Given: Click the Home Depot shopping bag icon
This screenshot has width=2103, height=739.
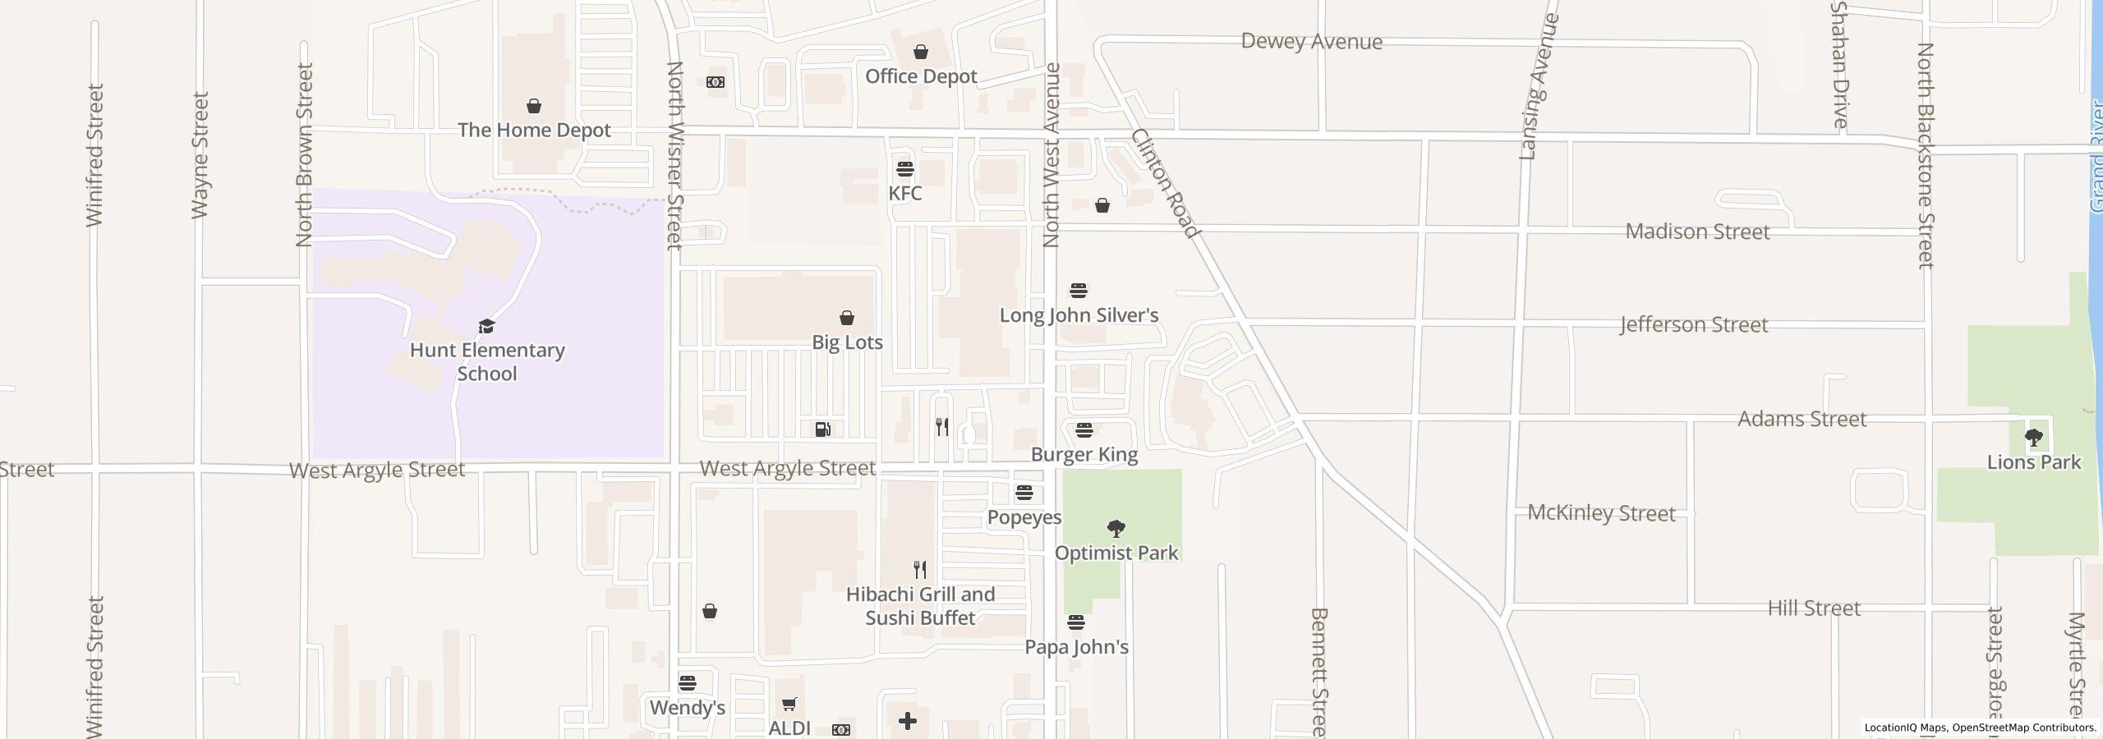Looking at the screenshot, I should pos(534,106).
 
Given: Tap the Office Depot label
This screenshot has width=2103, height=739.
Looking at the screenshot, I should pos(921,76).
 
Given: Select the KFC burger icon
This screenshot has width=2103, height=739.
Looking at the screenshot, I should pos(905,169).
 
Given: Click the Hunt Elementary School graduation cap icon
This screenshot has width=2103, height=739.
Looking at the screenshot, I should pos(487,327).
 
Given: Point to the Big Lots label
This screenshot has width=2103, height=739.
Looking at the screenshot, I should pos(847,342).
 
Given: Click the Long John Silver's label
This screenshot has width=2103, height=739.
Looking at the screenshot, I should pos(1079,315).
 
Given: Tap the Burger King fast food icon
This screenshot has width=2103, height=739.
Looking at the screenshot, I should pos(1084,430).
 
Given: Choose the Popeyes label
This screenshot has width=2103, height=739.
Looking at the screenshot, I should pos(1024,517).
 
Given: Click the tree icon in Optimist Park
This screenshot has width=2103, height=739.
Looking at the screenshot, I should pos(1116,528).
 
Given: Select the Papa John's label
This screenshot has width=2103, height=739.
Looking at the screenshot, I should pos(1076,647).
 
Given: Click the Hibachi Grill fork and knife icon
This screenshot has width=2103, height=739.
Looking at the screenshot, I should pos(921,569).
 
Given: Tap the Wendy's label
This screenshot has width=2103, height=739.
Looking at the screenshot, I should pos(688,708).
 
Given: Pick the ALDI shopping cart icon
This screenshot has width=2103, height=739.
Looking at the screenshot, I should pos(789,704).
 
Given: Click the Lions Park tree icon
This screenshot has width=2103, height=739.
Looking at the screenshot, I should pos(2034,438).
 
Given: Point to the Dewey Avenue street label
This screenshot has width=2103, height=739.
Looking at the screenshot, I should pos(1311,42).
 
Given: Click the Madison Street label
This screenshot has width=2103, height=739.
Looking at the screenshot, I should pos(1697,232).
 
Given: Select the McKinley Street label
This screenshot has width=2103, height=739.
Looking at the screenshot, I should pos(1601,513).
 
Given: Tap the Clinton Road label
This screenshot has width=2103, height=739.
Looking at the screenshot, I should pos(1166,183).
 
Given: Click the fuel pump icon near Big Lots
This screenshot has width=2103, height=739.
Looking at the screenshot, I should pos(822,429).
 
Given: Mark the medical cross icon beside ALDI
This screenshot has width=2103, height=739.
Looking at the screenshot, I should pos(908,721).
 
